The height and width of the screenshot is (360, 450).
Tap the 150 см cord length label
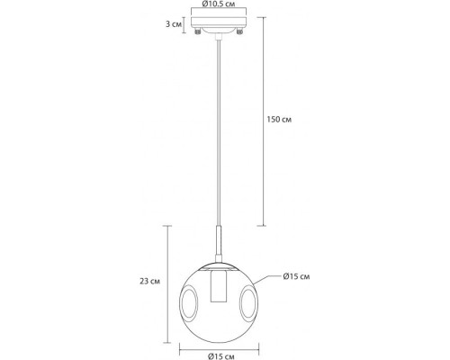pyautogui.click(x=282, y=120)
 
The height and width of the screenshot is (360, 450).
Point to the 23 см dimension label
pyautogui.click(x=154, y=280)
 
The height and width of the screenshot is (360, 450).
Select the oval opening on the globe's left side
pyautogui.click(x=190, y=302)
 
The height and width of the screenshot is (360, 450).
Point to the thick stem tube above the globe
pyautogui.click(x=218, y=246)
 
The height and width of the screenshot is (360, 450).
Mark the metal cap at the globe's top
pyautogui.click(x=218, y=264)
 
